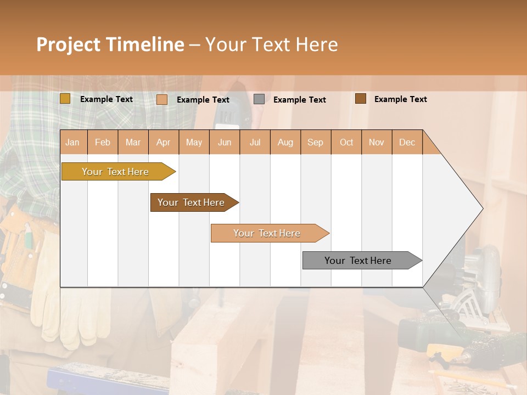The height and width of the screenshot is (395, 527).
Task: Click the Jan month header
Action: [x=72, y=142]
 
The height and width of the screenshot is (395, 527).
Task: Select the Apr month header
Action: [x=163, y=142]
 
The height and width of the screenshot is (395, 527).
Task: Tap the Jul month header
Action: [x=255, y=142]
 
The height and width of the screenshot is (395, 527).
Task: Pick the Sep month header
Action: [x=315, y=142]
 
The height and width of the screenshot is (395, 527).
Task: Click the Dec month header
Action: [x=407, y=142]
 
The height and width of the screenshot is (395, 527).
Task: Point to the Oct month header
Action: [x=346, y=142]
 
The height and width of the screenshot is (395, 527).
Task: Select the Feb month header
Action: [x=103, y=142]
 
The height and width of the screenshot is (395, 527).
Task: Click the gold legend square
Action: [x=65, y=99]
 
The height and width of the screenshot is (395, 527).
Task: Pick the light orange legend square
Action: [x=161, y=99]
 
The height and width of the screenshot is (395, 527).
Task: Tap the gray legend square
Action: [x=259, y=99]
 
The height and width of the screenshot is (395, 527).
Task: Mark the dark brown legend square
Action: [x=360, y=99]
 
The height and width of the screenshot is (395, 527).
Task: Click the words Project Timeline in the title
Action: [x=110, y=44]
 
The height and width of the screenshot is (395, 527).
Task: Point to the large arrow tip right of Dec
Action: [x=461, y=208]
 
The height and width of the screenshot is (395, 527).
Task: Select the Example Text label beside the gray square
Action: [x=299, y=99]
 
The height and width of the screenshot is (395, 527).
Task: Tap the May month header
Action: [x=194, y=142]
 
